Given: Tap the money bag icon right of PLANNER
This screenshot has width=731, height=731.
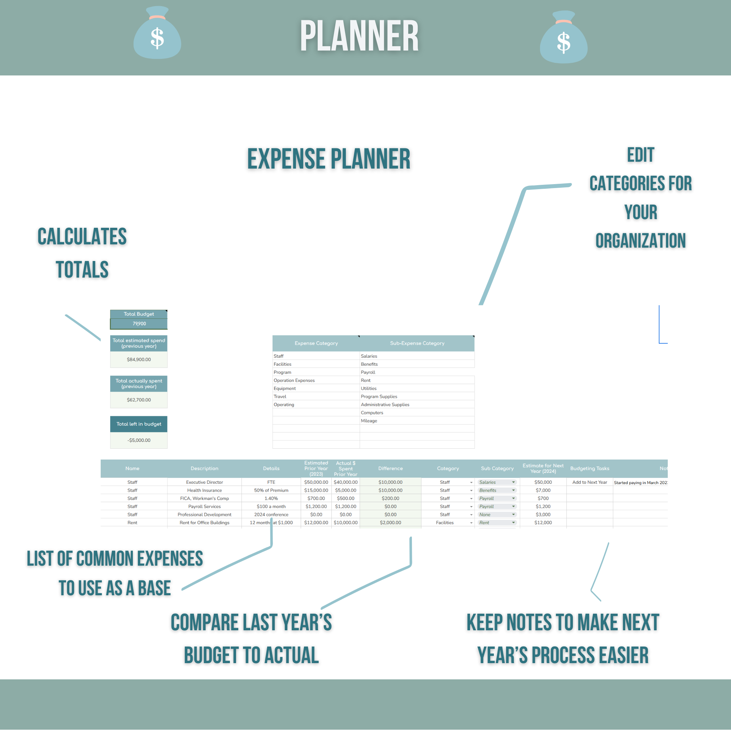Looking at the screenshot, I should pyautogui.click(x=564, y=38).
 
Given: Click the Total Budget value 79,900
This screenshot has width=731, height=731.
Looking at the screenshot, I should pyautogui.click(x=139, y=324).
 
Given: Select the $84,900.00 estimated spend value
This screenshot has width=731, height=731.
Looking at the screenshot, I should pyautogui.click(x=139, y=360).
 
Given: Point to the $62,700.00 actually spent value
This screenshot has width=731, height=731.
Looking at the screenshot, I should pyautogui.click(x=139, y=400).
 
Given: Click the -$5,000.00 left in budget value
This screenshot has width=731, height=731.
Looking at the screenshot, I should pyautogui.click(x=139, y=440).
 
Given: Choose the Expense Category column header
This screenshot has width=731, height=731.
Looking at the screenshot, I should pyautogui.click(x=316, y=343).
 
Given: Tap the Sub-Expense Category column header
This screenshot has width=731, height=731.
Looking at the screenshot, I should pyautogui.click(x=417, y=343).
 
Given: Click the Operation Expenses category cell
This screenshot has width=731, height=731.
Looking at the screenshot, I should pyautogui.click(x=294, y=380).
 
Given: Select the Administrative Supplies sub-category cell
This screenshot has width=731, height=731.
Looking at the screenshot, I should pyautogui.click(x=385, y=404).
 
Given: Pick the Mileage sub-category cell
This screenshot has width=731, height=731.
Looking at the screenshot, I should pyautogui.click(x=369, y=421).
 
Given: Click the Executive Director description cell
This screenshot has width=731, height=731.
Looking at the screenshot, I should pyautogui.click(x=204, y=482).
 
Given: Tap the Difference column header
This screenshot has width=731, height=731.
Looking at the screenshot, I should pyautogui.click(x=391, y=469).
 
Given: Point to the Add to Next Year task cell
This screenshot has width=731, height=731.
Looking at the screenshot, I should pyautogui.click(x=589, y=482).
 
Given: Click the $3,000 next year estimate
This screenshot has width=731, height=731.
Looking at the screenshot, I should pyautogui.click(x=543, y=514).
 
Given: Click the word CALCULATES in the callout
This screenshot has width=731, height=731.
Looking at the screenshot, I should pyautogui.click(x=82, y=237).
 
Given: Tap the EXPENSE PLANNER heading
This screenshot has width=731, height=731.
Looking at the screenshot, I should pyautogui.click(x=328, y=159).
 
